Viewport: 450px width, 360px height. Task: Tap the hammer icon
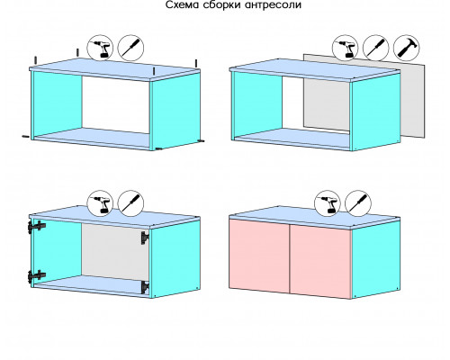(406, 48)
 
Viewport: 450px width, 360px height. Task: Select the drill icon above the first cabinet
(100, 48)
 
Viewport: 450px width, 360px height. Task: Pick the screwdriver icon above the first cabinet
(130, 48)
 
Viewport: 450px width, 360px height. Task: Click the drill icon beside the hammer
(346, 48)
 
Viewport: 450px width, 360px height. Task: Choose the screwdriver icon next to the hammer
(376, 48)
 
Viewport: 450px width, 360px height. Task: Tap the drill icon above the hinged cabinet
(100, 203)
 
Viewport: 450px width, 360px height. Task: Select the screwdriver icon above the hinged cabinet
(130, 203)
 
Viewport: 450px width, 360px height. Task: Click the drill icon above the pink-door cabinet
(328, 203)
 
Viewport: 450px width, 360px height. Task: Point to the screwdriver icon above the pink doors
(358, 203)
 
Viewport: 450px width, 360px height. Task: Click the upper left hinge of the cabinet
(37, 227)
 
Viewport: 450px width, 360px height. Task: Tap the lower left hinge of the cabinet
(37, 275)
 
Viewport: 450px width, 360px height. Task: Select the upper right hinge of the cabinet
(145, 238)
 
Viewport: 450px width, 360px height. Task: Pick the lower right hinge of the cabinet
(145, 287)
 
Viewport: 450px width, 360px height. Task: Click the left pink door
(259, 256)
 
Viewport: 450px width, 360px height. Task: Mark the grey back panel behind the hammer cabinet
(364, 96)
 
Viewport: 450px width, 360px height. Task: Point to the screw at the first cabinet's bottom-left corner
(26, 137)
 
